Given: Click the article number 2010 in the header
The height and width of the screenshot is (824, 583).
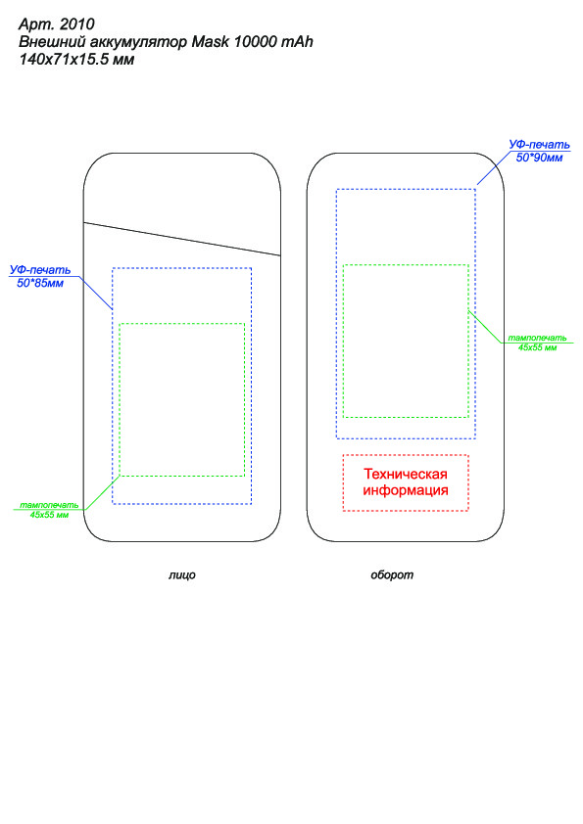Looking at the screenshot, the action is point(77,24).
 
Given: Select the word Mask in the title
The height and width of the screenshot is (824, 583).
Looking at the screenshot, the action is point(210,41).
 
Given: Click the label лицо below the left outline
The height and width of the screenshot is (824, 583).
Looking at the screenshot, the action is point(182,574).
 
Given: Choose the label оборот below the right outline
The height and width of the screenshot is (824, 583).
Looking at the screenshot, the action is point(392,574).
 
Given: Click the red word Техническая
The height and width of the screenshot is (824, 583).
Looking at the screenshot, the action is point(406,474).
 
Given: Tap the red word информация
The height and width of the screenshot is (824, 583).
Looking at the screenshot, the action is point(406,491).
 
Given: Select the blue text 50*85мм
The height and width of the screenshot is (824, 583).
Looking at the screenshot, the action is point(40,283).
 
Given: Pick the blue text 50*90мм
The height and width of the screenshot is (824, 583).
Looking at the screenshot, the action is point(539,158).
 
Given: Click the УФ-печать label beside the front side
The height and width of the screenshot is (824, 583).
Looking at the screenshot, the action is point(40,270).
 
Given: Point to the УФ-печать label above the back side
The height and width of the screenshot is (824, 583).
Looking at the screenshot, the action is point(539,145).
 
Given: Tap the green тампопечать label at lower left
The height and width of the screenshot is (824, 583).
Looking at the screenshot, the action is point(49,505).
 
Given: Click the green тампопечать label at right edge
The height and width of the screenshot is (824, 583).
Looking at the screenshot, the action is point(537,338).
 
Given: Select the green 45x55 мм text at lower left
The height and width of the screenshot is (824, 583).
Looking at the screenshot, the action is point(49,515).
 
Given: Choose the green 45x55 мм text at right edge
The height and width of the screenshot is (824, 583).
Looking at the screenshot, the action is point(537,347).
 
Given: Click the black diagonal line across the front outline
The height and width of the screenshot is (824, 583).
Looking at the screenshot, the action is point(182,239).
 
